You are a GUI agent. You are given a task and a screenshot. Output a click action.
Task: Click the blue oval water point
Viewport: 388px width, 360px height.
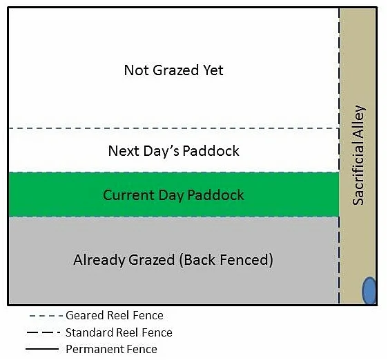click(369, 290)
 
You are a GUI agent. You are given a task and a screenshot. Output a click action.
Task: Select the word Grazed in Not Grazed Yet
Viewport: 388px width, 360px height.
click(176, 70)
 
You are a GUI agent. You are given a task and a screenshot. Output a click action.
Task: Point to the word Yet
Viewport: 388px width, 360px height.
click(213, 70)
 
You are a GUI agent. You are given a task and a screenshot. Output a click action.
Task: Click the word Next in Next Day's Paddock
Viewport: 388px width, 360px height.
click(124, 151)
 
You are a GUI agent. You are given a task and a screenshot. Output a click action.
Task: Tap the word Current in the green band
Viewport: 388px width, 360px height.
click(128, 195)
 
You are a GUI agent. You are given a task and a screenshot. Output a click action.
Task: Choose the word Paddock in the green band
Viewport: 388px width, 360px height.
click(215, 195)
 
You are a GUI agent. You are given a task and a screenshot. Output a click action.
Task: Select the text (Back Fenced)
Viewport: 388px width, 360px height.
click(226, 260)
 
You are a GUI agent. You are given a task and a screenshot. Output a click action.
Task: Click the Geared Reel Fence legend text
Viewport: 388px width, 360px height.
click(115, 315)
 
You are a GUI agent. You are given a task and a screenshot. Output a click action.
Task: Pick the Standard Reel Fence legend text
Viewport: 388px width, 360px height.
click(119, 332)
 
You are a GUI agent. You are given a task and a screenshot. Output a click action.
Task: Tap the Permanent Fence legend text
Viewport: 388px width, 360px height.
click(111, 349)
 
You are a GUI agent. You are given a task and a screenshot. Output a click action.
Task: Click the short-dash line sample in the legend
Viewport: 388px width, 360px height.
click(46, 316)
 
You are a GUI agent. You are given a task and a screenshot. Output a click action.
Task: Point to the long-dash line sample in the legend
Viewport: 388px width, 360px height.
click(43, 332)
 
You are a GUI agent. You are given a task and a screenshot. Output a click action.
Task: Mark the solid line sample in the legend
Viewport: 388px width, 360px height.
click(42, 349)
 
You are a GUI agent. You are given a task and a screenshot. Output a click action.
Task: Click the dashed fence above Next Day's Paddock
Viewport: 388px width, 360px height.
click(174, 128)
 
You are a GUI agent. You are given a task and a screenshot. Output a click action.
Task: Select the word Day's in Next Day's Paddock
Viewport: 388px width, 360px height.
click(161, 151)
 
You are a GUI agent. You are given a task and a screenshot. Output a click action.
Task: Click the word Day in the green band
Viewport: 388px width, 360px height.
click(171, 195)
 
